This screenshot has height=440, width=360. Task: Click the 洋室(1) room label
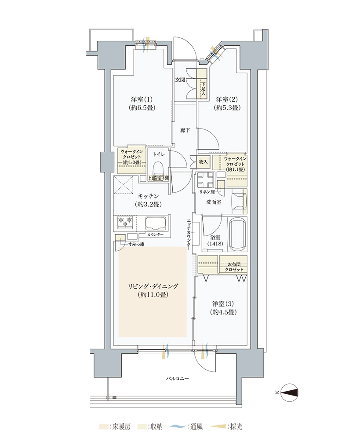tap(142, 99)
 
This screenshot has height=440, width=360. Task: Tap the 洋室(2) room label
tap(226, 99)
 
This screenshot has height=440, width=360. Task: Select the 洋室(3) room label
tap(223, 304)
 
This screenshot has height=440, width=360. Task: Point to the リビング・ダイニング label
tap(153, 286)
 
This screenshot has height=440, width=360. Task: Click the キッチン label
tap(149, 196)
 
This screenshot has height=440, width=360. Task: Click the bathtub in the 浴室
tap(238, 235)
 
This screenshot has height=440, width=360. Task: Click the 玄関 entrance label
tap(180, 80)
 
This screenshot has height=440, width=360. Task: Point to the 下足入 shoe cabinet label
tap(203, 88)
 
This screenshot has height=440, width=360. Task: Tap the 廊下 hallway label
tap(185, 130)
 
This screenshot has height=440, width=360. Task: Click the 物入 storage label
tap(203, 162)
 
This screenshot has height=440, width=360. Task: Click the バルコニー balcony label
tap(177, 378)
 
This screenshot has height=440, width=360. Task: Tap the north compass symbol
tap(290, 392)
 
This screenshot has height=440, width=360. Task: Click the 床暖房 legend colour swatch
tap(103, 427)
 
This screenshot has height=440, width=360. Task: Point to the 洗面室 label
tap(214, 202)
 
